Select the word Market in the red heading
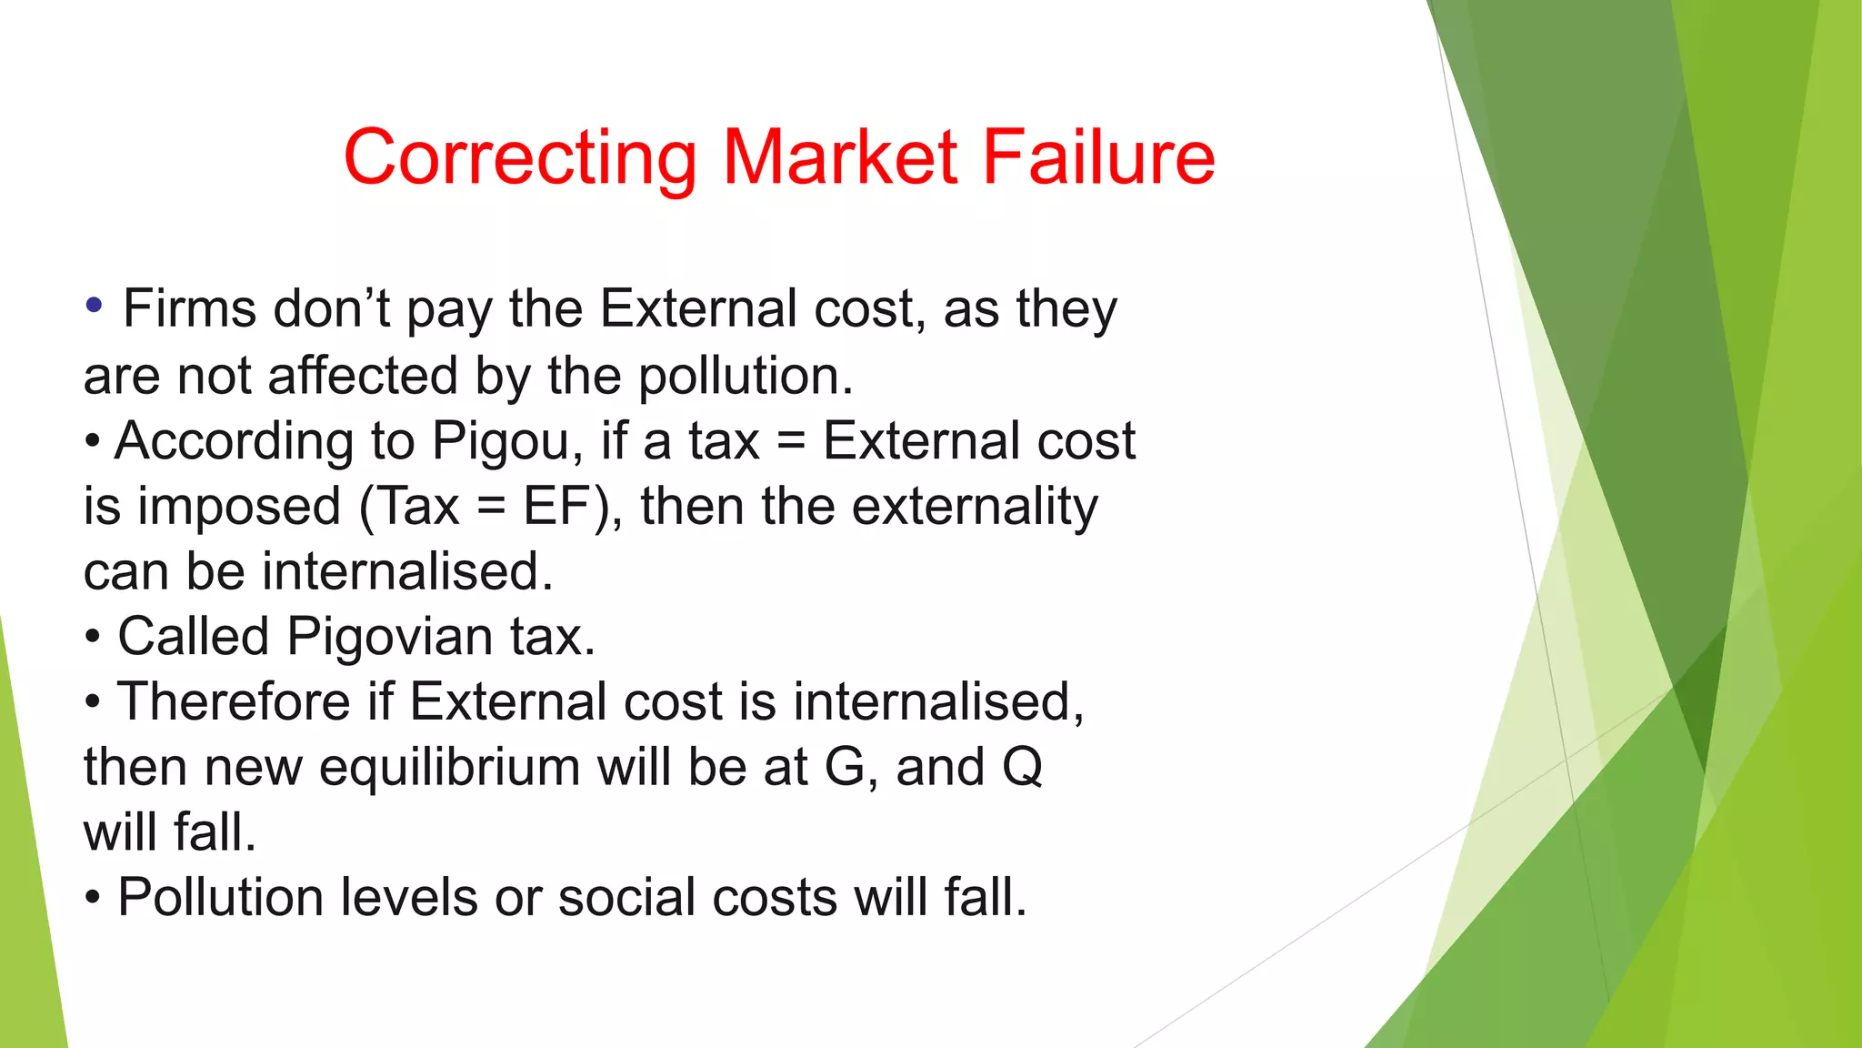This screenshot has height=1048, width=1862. click(840, 157)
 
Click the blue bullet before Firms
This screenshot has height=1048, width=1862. click(93, 305)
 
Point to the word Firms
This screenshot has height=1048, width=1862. click(189, 309)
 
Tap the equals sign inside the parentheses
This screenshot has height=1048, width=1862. click(491, 507)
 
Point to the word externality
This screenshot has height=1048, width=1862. click(974, 507)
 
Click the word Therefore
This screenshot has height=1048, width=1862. click(234, 701)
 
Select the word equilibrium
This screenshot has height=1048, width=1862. click(449, 768)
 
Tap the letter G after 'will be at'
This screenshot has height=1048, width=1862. click(845, 767)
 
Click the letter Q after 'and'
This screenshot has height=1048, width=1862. click(1022, 768)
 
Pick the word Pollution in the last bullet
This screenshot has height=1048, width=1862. click(221, 898)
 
